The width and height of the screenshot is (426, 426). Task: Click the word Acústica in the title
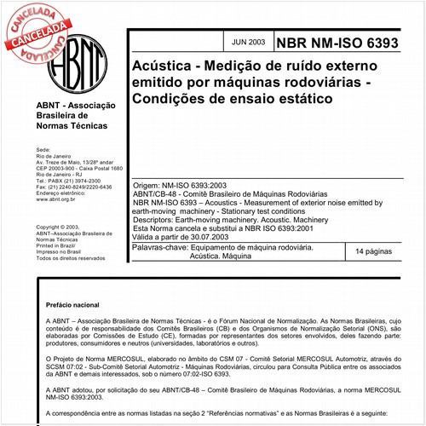pyautogui.click(x=161, y=66)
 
